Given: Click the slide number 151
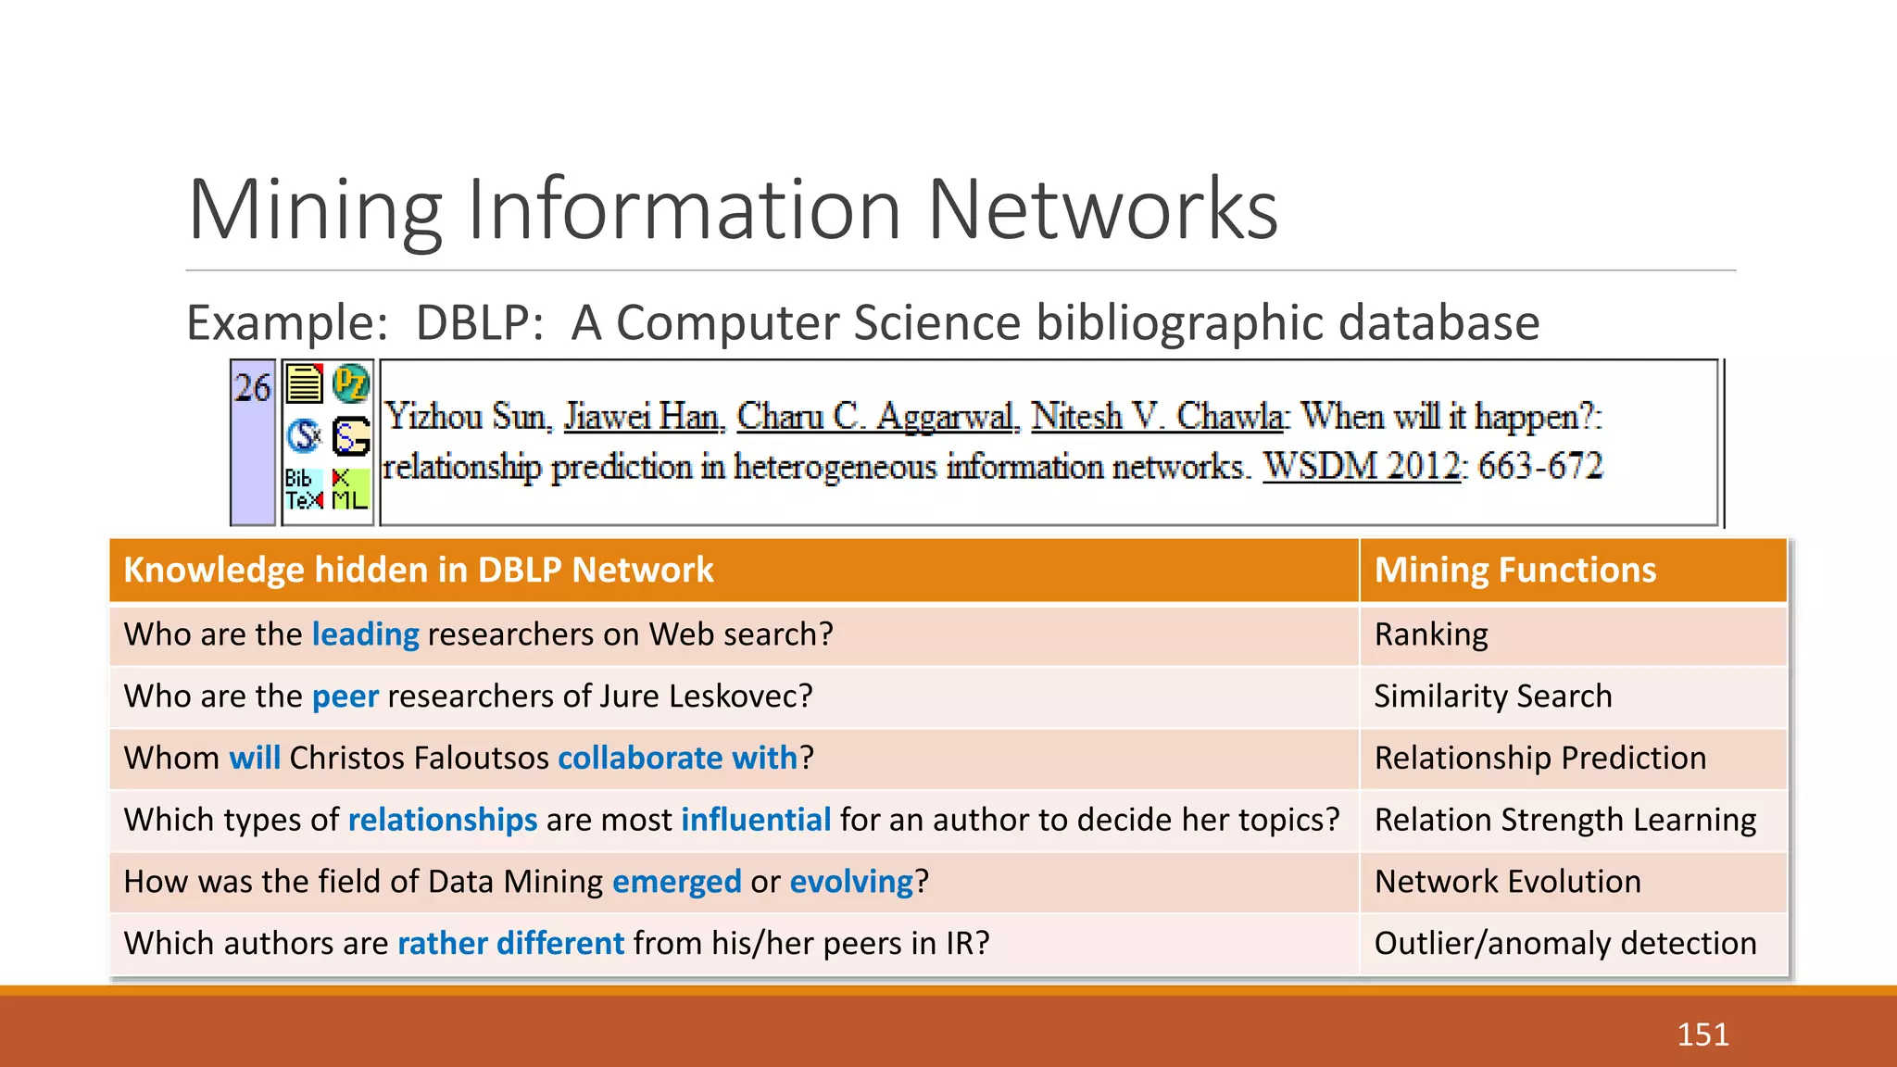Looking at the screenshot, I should coord(1702,1035).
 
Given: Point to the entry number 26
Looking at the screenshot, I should coord(252,388).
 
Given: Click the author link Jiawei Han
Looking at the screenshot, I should coord(643,417).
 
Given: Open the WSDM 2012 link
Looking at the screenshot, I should coord(1361,466).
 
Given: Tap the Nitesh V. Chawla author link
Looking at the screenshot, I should coord(1157,417).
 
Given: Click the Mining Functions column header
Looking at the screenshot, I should coord(1515,570).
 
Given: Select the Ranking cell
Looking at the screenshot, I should coord(1431,634).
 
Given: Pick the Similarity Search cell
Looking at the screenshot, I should coord(1492,696).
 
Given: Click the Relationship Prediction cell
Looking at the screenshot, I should coord(1539,758).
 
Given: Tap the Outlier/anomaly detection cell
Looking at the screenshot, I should coord(1565,943).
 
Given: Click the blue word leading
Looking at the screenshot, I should coord(365,634).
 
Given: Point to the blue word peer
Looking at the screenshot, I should coord(345,696).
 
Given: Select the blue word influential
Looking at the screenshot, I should coord(756,820).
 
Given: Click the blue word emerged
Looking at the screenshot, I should coord(677,881).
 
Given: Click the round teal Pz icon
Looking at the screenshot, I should coord(351,383).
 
